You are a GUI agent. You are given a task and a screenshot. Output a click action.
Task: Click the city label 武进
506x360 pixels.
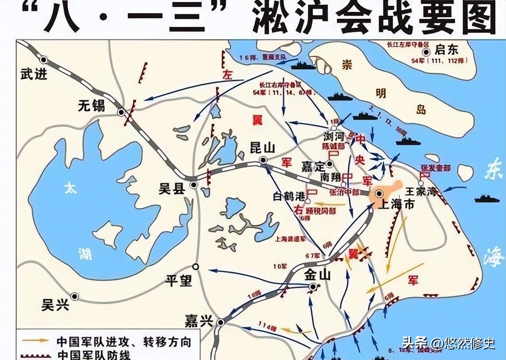pos(34,74)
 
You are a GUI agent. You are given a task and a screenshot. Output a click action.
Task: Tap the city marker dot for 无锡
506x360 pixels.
pos(121,112)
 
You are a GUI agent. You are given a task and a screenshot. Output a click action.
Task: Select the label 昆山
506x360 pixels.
pos(262,148)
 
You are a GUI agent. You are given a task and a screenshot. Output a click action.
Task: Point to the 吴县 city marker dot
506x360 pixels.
pos(194,184)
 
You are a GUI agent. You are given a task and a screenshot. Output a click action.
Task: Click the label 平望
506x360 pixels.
pos(179,281)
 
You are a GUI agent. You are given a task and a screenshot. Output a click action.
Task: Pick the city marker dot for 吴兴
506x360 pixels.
pos(74,296)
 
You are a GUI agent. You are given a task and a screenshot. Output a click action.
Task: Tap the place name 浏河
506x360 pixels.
pos(334,137)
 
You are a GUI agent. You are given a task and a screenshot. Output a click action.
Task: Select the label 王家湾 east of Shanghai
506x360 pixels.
pos(420,191)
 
